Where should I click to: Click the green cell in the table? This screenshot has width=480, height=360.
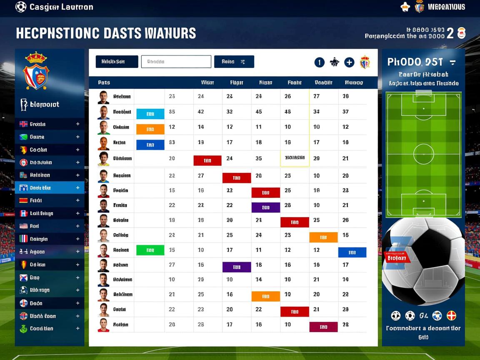[x=150, y=250]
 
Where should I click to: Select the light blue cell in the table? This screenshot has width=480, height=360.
[x=150, y=114]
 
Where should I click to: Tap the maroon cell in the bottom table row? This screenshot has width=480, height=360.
[x=323, y=327]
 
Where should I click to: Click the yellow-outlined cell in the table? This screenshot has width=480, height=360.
[x=295, y=158]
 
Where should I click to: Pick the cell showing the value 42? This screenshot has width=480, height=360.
[x=201, y=112]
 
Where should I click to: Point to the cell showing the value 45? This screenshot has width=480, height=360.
[x=259, y=112]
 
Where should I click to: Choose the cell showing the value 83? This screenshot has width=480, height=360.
[x=172, y=142]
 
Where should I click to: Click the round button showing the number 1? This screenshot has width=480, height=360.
[x=319, y=62]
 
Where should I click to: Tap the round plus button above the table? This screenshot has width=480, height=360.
[x=349, y=62]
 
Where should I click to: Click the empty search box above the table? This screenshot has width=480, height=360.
[x=176, y=62]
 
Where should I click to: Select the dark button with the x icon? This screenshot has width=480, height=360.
[x=234, y=62]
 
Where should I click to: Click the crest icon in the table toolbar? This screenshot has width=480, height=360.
[x=365, y=62]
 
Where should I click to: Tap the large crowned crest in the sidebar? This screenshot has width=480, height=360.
[x=36, y=71]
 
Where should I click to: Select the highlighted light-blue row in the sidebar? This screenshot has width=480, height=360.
[x=50, y=188]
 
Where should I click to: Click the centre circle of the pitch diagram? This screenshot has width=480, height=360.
[x=423, y=154]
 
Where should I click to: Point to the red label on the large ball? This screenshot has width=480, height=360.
[x=397, y=257]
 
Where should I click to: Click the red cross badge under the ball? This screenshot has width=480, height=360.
[x=451, y=315]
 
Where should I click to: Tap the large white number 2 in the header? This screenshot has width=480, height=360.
[x=450, y=34]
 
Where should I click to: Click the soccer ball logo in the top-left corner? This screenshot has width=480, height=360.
[x=21, y=7]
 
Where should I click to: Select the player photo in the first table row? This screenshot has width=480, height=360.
[x=103, y=97]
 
